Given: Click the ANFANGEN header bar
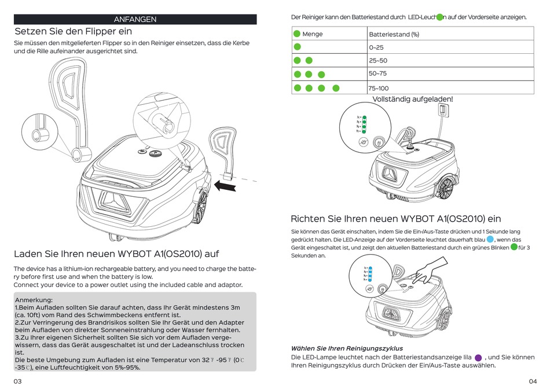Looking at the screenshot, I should [135, 19].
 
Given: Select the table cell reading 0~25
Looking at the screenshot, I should [376, 47].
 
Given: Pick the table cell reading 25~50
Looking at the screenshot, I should [377, 60].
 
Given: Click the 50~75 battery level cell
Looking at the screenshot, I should [377, 73].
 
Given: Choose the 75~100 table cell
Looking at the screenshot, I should [379, 88].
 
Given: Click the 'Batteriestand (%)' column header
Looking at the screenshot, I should [394, 34].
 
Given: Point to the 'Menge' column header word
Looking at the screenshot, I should [313, 34].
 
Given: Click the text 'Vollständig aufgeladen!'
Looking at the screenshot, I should [412, 99].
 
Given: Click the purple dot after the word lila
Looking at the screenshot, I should [478, 358].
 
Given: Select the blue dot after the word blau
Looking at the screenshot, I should [490, 240].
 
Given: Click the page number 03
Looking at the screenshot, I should [18, 381].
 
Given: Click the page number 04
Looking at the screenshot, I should [533, 381].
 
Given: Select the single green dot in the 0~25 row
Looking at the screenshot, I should [297, 47].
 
